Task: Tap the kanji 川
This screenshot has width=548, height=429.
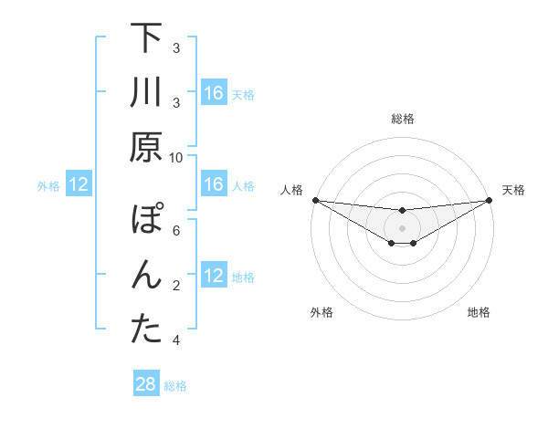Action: click(147, 93)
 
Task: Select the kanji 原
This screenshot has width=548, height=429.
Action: click(147, 146)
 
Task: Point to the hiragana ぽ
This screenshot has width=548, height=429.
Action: click(147, 222)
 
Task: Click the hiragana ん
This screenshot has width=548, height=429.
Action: click(147, 276)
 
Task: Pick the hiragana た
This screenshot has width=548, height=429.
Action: click(147, 330)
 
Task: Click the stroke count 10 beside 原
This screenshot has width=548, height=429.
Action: click(176, 157)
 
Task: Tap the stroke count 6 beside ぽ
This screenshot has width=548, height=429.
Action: click(176, 231)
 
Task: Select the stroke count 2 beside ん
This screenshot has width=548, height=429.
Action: click(176, 286)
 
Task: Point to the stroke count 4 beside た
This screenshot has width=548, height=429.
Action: click(176, 340)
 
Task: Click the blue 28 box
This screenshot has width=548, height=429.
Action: click(146, 384)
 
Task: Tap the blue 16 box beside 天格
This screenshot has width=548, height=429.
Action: click(214, 93)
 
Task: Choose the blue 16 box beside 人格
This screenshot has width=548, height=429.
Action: click(214, 185)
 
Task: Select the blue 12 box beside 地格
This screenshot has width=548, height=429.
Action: click(214, 277)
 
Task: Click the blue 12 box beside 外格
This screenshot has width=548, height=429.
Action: click(79, 185)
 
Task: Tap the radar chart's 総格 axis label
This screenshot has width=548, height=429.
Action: click(402, 119)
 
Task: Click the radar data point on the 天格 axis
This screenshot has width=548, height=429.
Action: click(489, 200)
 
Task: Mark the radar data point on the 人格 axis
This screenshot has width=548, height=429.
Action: click(315, 200)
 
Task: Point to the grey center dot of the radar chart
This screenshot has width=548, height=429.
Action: click(402, 227)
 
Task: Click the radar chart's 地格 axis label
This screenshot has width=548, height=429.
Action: click(479, 313)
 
